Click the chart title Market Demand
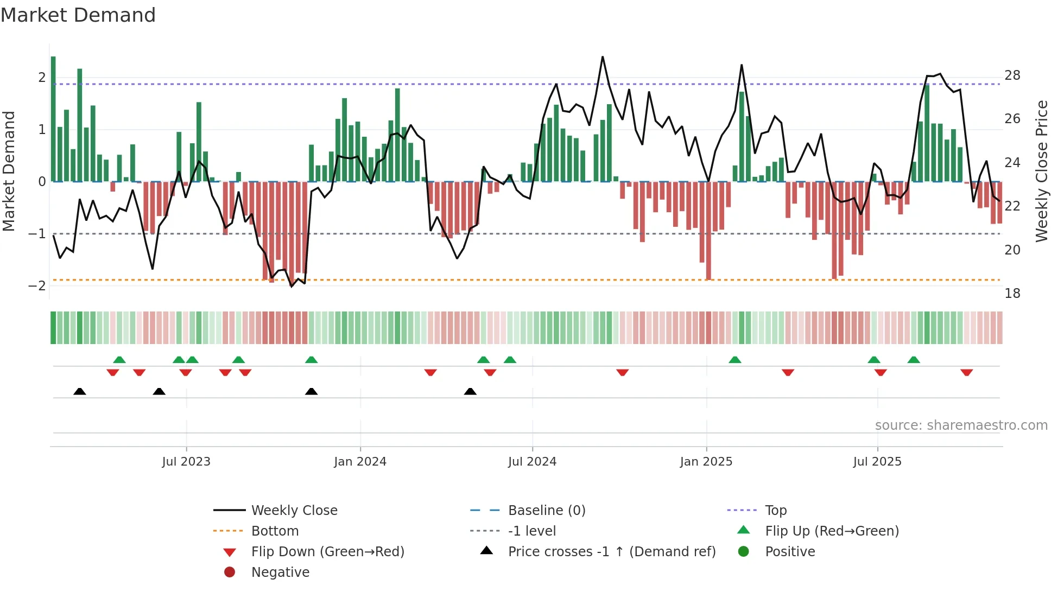tap(78, 15)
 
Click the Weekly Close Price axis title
tap(1041, 171)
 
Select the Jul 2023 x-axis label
tap(186, 462)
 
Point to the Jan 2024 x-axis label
tap(360, 462)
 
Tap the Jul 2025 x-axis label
tap(877, 462)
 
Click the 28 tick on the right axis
tap(1012, 75)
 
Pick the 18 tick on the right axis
tap(1012, 294)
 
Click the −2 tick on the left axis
tap(37, 286)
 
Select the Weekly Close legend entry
tap(294, 511)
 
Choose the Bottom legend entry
tap(275, 531)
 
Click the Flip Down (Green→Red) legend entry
tap(327, 552)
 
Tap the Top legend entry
tap(775, 511)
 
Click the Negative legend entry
tap(280, 572)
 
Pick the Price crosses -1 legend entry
tap(611, 552)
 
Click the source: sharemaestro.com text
tap(961, 425)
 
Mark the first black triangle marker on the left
tap(80, 391)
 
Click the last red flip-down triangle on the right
tap(966, 372)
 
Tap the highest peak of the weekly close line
tap(603, 57)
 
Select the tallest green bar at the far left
tap(53, 119)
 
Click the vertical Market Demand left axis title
tap(9, 171)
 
